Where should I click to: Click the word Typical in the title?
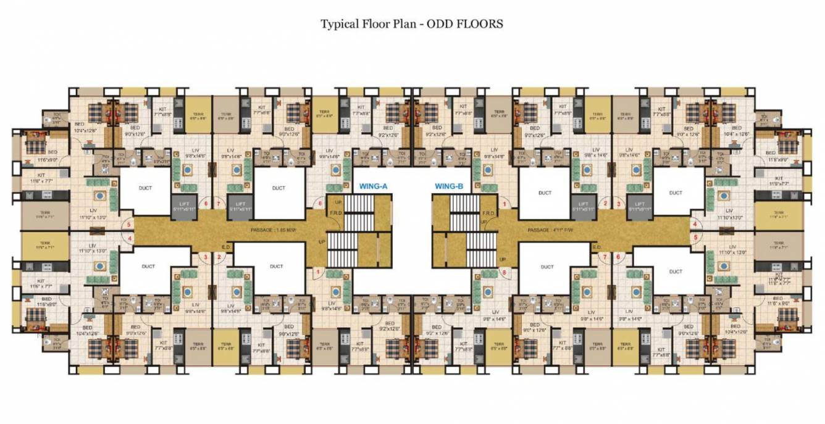tap(338, 24)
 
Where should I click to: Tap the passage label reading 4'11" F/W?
tap(548, 230)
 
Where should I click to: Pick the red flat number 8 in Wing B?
tap(505, 272)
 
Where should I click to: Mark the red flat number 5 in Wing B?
tap(695, 236)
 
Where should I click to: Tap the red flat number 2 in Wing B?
tap(606, 203)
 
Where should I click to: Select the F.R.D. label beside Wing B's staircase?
tap(487, 213)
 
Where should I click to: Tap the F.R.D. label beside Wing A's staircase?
tap(337, 213)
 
